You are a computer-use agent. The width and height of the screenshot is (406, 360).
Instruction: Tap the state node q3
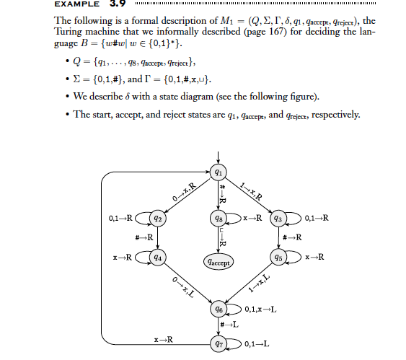click(x=281, y=217)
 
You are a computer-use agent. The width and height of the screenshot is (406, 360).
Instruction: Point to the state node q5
click(x=281, y=257)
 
